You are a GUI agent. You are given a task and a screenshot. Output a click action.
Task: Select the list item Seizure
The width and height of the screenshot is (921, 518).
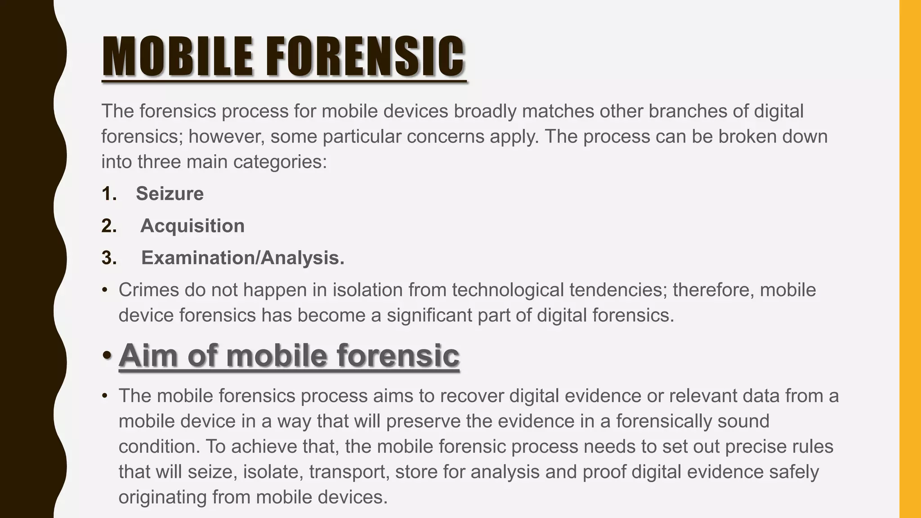[x=170, y=194]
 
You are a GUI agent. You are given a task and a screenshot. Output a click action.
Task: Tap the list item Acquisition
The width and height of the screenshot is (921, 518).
[x=192, y=226]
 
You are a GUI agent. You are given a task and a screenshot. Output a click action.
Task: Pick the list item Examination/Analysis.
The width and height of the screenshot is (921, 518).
[x=243, y=258]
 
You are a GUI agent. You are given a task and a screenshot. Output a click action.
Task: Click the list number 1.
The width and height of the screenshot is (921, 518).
[x=108, y=194]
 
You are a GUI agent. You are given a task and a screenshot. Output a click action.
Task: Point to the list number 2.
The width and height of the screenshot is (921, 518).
[x=109, y=226]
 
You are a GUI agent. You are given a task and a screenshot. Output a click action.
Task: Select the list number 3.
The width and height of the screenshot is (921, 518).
[x=109, y=258]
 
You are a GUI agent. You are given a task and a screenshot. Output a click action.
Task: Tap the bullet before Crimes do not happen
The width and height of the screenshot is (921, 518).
[x=105, y=290]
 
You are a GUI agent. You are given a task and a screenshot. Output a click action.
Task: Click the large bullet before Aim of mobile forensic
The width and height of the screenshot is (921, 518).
[x=107, y=355]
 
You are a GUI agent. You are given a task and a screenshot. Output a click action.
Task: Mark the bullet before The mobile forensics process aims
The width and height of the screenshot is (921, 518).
[x=105, y=396]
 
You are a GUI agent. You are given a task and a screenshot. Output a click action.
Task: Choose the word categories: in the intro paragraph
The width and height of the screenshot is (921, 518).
[x=280, y=162]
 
